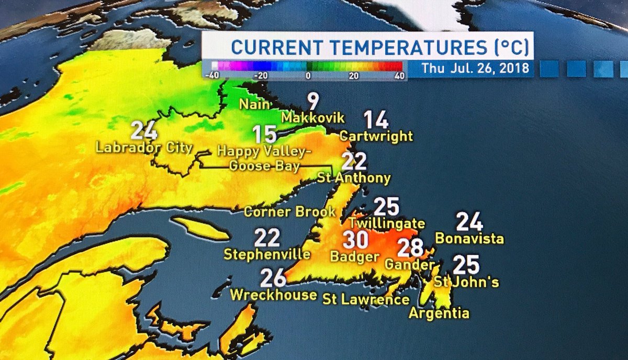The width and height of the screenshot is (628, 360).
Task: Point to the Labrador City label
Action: (x=144, y=148)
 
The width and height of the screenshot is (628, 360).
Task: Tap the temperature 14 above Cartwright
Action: (x=376, y=120)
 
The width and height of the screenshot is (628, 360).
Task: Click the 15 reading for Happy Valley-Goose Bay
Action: (x=265, y=134)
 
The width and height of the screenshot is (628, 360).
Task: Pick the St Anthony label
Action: (x=354, y=178)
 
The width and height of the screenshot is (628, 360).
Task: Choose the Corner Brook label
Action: (x=289, y=212)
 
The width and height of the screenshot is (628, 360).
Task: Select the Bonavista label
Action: (x=469, y=239)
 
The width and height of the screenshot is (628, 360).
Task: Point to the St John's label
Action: (x=466, y=282)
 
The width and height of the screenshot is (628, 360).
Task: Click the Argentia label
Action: (x=439, y=313)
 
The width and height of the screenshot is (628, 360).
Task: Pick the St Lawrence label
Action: (x=366, y=299)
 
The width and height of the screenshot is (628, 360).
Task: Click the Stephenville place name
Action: (x=267, y=254)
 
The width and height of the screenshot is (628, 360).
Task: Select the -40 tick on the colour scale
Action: (x=212, y=75)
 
